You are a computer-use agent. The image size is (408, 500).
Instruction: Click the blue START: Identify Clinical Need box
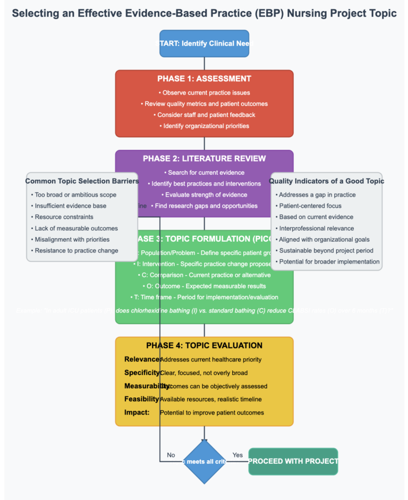[x=204, y=44]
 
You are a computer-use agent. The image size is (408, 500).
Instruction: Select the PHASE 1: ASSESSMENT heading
[x=204, y=79]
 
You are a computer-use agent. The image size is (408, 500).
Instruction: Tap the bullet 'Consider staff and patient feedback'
[x=204, y=115]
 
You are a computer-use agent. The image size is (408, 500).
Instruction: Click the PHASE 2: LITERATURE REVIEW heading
[x=204, y=158]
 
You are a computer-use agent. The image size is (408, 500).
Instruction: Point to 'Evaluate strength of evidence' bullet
[x=204, y=194]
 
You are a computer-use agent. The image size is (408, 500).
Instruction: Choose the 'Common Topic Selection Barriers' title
[x=82, y=181]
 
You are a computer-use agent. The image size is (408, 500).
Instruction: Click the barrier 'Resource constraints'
[x=64, y=217]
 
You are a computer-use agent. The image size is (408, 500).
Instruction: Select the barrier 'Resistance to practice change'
[x=76, y=250]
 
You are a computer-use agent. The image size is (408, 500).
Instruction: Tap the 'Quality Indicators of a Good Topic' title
[x=327, y=181]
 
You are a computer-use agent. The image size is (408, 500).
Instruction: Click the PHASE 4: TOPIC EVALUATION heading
[x=204, y=345]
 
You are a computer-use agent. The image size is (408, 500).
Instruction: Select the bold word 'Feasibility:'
[x=142, y=399]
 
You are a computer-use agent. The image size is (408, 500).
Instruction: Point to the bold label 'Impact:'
[x=137, y=412]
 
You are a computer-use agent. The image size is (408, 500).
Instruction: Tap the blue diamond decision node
[x=204, y=461]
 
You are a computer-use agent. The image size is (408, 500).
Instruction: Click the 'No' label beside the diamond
[x=171, y=455]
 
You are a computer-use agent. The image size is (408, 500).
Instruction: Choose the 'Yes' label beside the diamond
[x=237, y=455]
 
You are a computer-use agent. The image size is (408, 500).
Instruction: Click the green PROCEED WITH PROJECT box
[x=293, y=461]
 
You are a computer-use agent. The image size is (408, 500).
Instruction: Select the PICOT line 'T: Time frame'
[x=204, y=297]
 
